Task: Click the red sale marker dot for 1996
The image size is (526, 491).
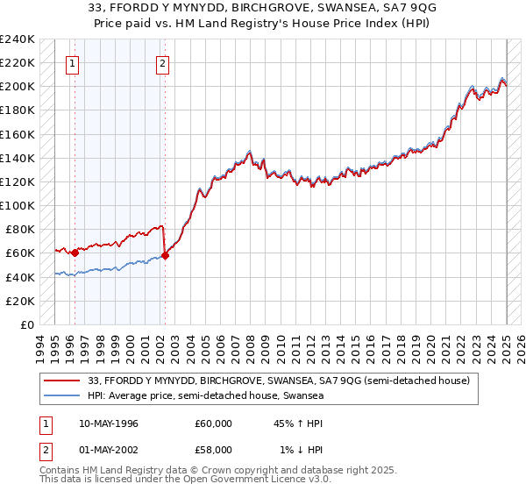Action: click(75, 253)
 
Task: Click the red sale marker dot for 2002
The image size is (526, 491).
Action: click(165, 255)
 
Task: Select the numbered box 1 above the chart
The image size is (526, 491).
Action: click(71, 62)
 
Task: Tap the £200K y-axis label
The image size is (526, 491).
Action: click(18, 86)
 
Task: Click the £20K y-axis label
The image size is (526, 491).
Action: click(21, 301)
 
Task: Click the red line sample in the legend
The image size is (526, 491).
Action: click(61, 381)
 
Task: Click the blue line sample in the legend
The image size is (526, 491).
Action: click(61, 396)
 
